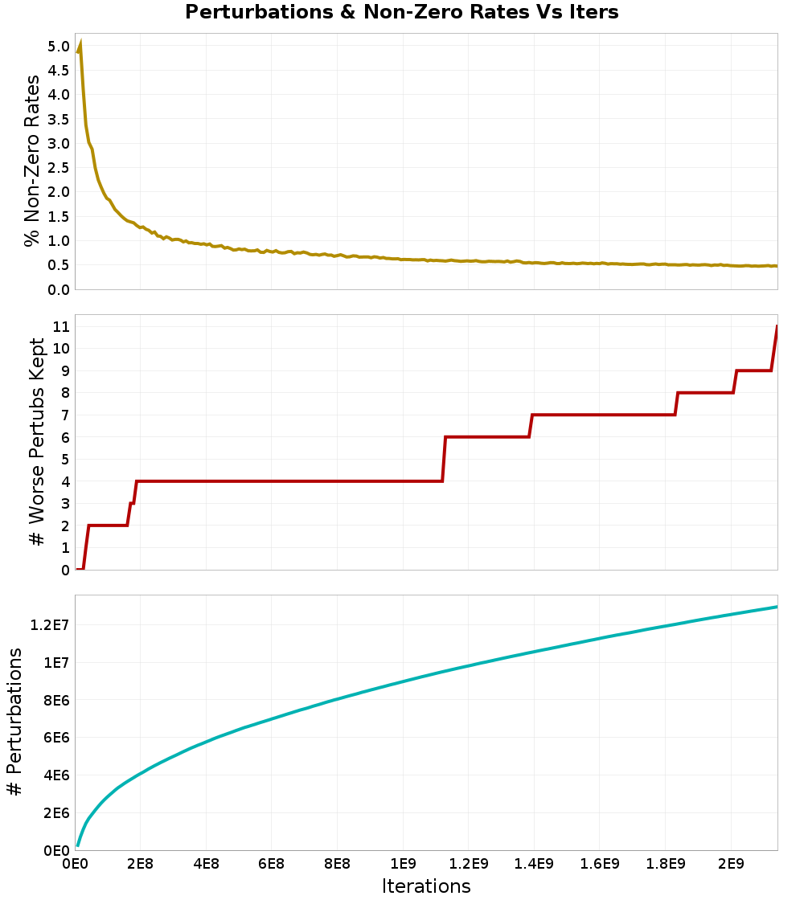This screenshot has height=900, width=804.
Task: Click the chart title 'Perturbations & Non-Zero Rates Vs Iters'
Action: (402, 12)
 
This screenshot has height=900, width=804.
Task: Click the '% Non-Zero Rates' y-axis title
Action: (31, 161)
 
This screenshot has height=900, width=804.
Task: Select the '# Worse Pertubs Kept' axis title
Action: (37, 442)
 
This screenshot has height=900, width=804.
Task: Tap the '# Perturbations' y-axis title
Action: (14, 723)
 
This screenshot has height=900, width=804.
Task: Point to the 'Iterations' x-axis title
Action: (426, 886)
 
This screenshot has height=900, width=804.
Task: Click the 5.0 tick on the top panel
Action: (59, 46)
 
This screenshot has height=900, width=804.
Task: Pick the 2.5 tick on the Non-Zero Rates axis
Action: (59, 167)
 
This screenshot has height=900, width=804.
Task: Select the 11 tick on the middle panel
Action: (60, 326)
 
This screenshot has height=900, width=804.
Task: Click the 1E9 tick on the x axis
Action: (402, 865)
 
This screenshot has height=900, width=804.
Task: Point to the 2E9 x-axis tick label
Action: (730, 865)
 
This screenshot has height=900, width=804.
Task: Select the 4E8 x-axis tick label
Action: (206, 865)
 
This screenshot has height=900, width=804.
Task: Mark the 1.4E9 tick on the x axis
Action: (533, 865)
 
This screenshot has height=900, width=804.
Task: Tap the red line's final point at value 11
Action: (777, 326)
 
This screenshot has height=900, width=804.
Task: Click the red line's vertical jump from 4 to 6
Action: (444, 459)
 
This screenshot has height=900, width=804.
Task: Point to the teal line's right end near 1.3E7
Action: (777, 607)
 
